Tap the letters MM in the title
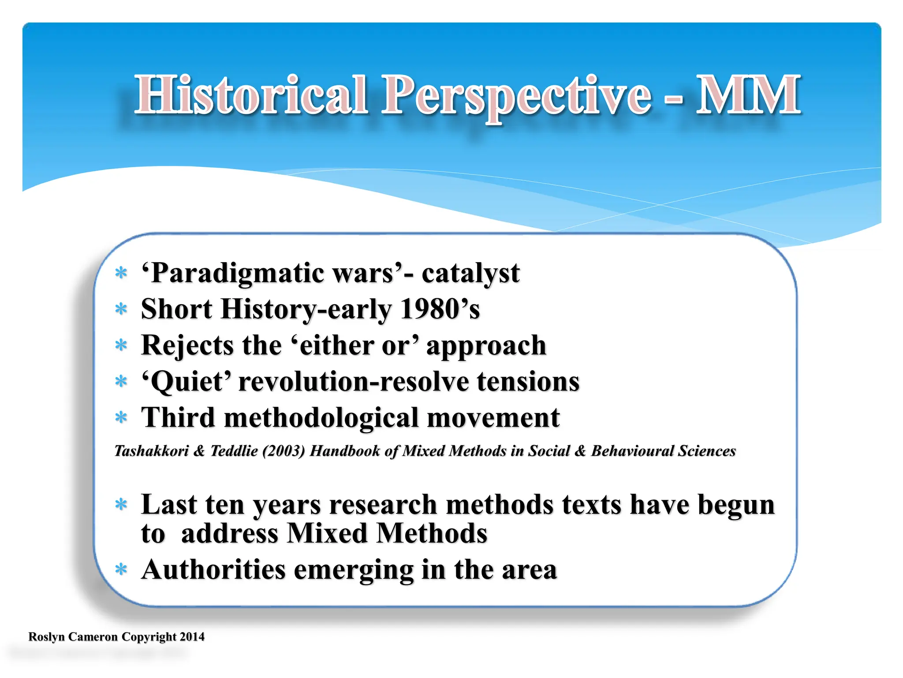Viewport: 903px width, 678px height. (x=748, y=95)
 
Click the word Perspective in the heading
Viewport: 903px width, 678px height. (x=516, y=96)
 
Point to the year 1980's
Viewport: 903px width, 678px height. (x=440, y=309)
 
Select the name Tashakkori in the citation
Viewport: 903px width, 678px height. (x=151, y=451)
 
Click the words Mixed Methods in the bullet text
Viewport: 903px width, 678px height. (x=387, y=534)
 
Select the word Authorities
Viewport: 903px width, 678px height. (x=213, y=570)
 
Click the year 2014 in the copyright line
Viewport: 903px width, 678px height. (x=192, y=637)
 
